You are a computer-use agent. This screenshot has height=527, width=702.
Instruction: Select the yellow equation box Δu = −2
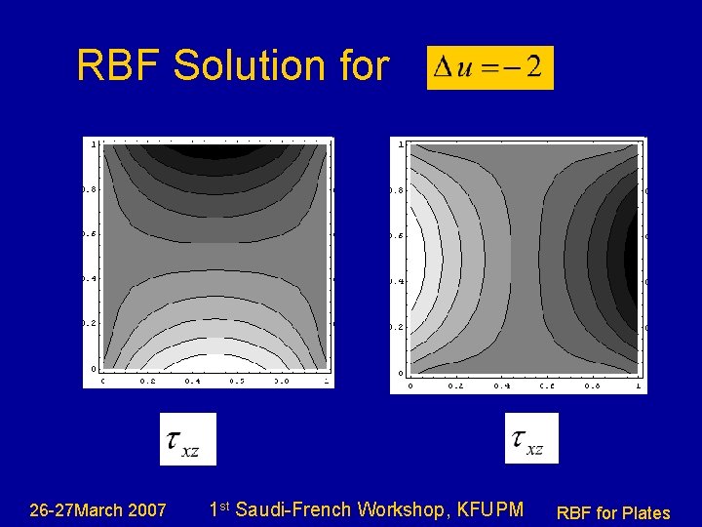(x=489, y=67)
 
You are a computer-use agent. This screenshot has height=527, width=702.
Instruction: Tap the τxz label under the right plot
(x=531, y=438)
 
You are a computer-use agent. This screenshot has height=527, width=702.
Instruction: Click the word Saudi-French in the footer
(x=294, y=509)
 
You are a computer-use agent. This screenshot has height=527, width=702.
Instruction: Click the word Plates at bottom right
(x=644, y=512)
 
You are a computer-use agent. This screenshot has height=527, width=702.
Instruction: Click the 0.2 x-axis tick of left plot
(x=147, y=382)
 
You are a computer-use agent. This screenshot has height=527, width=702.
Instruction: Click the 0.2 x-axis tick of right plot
(x=455, y=386)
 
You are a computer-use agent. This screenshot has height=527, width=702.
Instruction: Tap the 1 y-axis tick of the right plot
(x=400, y=144)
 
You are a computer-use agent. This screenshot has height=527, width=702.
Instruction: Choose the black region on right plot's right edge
(x=632, y=259)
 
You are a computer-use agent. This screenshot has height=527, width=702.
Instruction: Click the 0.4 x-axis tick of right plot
(x=501, y=386)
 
